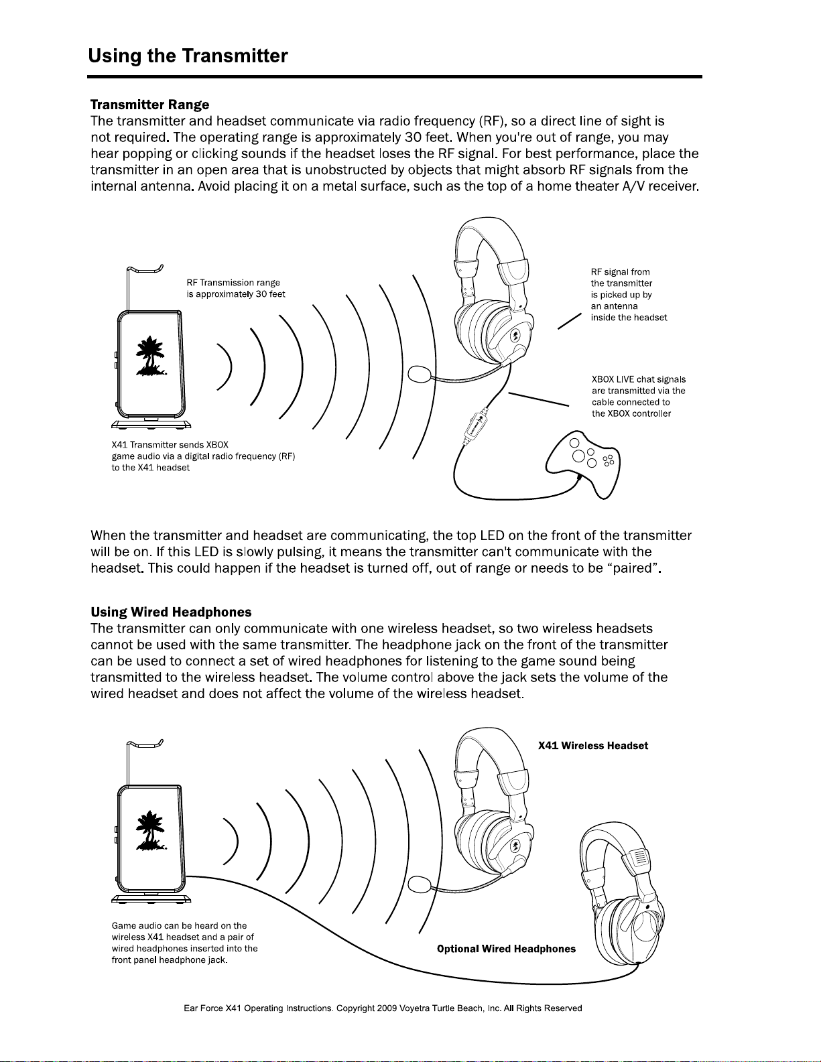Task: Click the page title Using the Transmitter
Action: tap(188, 56)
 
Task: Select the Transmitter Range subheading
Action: tap(149, 105)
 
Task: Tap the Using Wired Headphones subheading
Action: tap(171, 612)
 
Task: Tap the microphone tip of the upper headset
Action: tap(420, 373)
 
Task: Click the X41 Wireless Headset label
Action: tap(593, 746)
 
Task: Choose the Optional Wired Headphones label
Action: tap(506, 949)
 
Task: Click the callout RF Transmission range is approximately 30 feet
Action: tap(236, 288)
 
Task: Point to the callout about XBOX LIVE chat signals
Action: tap(638, 396)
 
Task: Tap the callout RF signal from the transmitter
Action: tap(628, 294)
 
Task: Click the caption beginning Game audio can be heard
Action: tap(184, 943)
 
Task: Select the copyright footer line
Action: tap(383, 1008)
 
